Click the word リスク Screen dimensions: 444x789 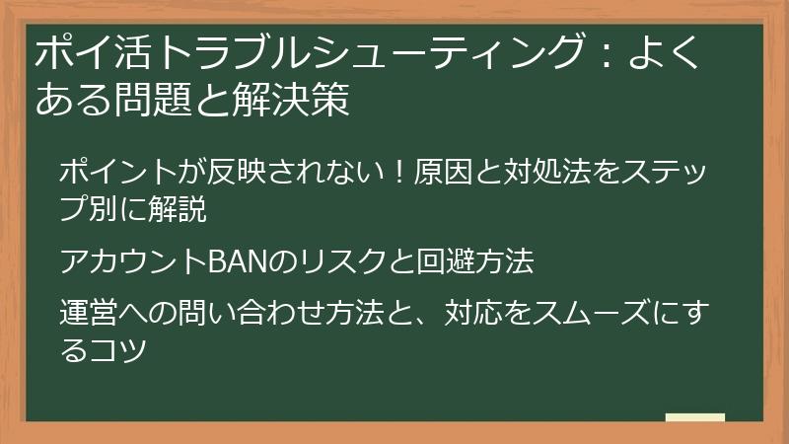point(330,262)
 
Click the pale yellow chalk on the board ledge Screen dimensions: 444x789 point(694,417)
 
